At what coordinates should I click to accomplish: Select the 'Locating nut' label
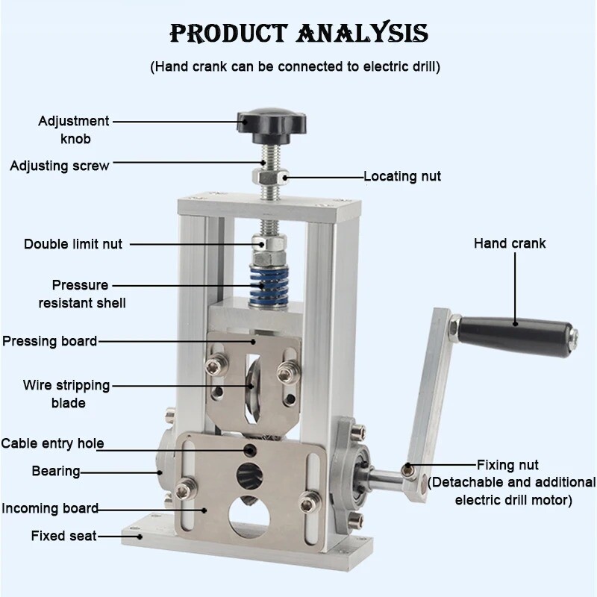coord(402,177)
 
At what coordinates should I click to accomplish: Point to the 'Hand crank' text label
coord(510,243)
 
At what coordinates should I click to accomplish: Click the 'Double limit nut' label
coord(73,244)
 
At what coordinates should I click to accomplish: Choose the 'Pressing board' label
coord(50,341)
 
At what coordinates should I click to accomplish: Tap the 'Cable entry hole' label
coord(52,443)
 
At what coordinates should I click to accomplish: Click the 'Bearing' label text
coord(56,471)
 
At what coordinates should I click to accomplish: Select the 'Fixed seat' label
coord(63,535)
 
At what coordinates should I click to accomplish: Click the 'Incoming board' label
coord(50,508)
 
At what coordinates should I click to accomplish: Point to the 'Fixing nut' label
coord(507,465)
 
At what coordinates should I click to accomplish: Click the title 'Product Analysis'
coord(298,34)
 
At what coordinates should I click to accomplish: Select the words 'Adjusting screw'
coord(60,166)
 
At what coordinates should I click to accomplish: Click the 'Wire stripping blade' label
coord(66,394)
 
